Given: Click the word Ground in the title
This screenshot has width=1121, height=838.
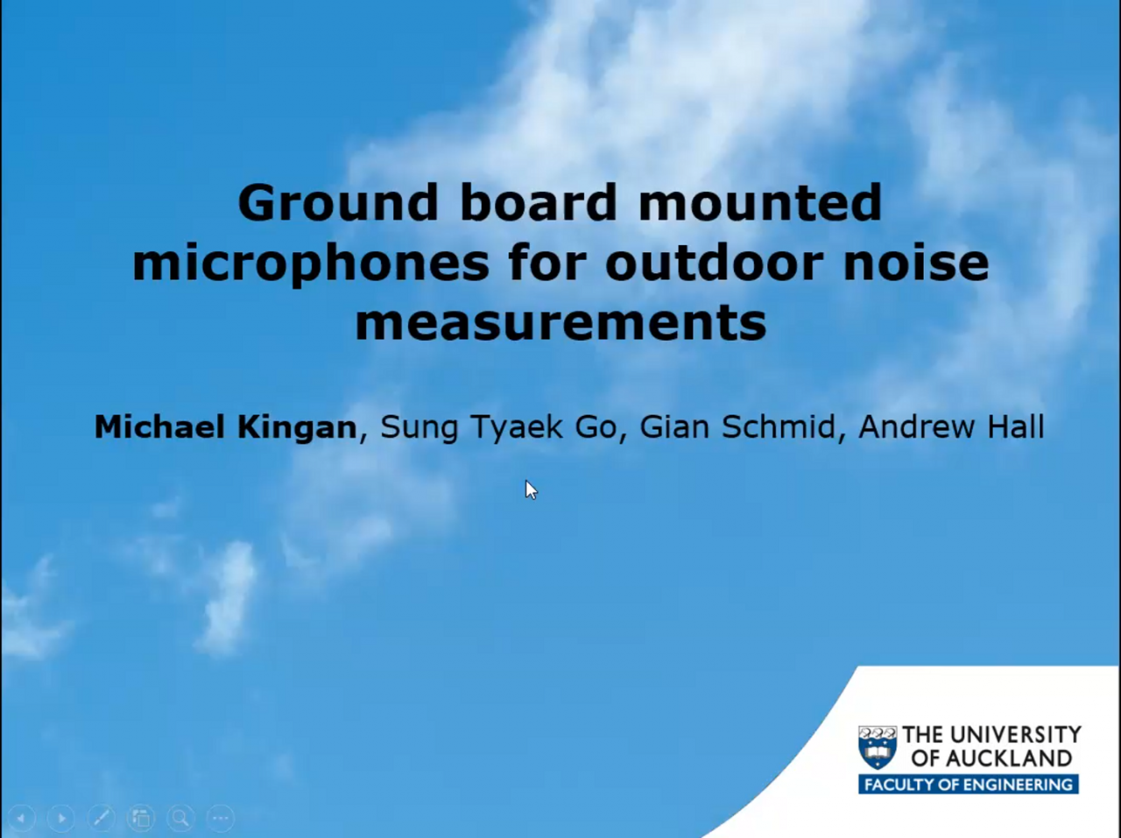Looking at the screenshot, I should click(x=337, y=203).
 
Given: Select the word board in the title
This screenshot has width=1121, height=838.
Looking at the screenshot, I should click(x=539, y=203).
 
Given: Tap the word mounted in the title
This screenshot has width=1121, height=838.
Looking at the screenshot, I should click(x=759, y=203).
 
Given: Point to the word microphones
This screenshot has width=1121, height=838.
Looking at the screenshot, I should click(x=310, y=264).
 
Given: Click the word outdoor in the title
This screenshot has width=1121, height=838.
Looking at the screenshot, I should click(x=714, y=264).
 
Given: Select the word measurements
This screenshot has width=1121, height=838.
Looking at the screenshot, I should click(x=560, y=323).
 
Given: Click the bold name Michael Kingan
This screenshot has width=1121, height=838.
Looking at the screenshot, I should click(x=225, y=427).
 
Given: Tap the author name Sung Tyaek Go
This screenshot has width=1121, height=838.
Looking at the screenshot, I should click(x=498, y=427).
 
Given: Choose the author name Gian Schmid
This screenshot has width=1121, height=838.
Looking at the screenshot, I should click(x=737, y=427).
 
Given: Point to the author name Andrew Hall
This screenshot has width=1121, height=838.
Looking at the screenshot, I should click(x=951, y=427).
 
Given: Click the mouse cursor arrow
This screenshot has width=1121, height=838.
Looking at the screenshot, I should click(x=531, y=489).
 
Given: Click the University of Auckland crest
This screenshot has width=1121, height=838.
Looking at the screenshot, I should click(x=877, y=747).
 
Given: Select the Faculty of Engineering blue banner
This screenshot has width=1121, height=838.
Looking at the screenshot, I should click(x=968, y=785).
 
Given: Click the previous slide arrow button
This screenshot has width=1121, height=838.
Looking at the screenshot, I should click(x=21, y=819).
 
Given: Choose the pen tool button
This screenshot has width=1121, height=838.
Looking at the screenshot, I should click(x=101, y=819).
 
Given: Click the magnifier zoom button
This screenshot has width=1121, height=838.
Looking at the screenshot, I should click(x=180, y=819).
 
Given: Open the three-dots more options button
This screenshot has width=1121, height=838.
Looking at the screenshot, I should click(x=220, y=819).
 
